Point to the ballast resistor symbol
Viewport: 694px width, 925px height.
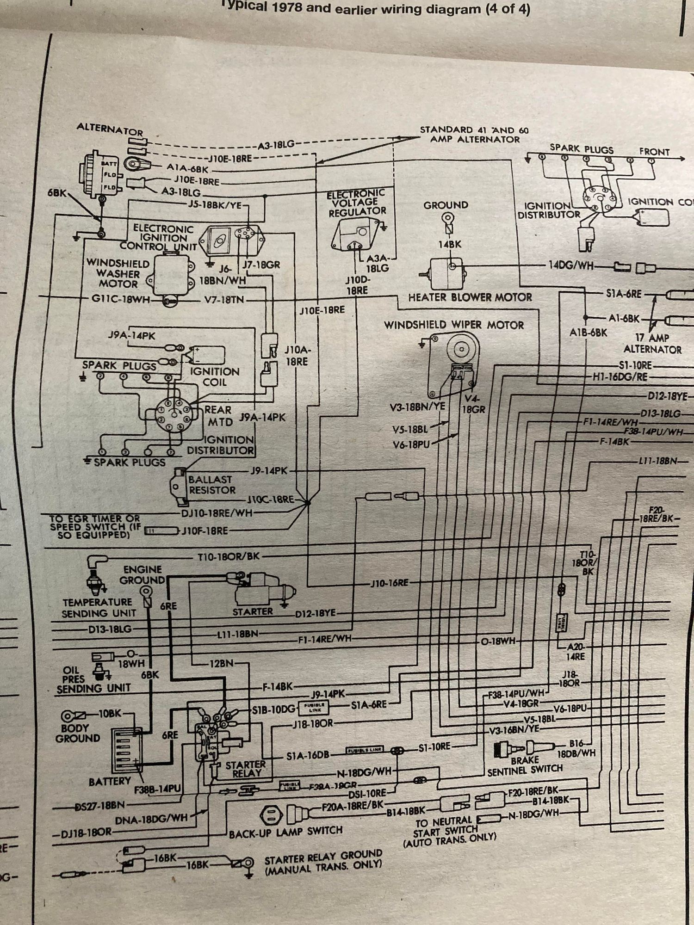pos(179,485)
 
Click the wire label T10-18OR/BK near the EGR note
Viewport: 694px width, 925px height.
pos(229,556)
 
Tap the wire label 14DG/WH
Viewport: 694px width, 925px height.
pos(571,265)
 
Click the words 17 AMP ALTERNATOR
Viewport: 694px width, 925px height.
pos(652,344)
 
